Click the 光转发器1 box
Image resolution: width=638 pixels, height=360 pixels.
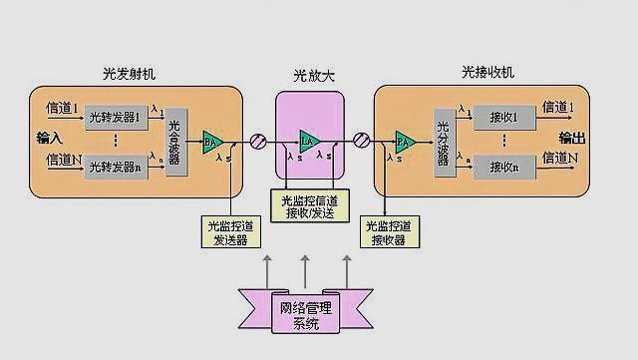[x=114, y=119]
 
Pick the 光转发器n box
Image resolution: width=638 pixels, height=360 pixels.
[x=114, y=166]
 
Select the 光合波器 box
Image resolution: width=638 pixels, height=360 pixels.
[x=176, y=141]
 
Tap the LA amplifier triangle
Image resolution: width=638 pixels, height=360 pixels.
[x=307, y=142]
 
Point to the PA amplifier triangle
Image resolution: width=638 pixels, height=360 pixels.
[x=403, y=142]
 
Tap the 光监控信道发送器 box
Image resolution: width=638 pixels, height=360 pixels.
[x=230, y=232]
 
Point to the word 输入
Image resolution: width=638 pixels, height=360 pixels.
[x=49, y=137]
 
